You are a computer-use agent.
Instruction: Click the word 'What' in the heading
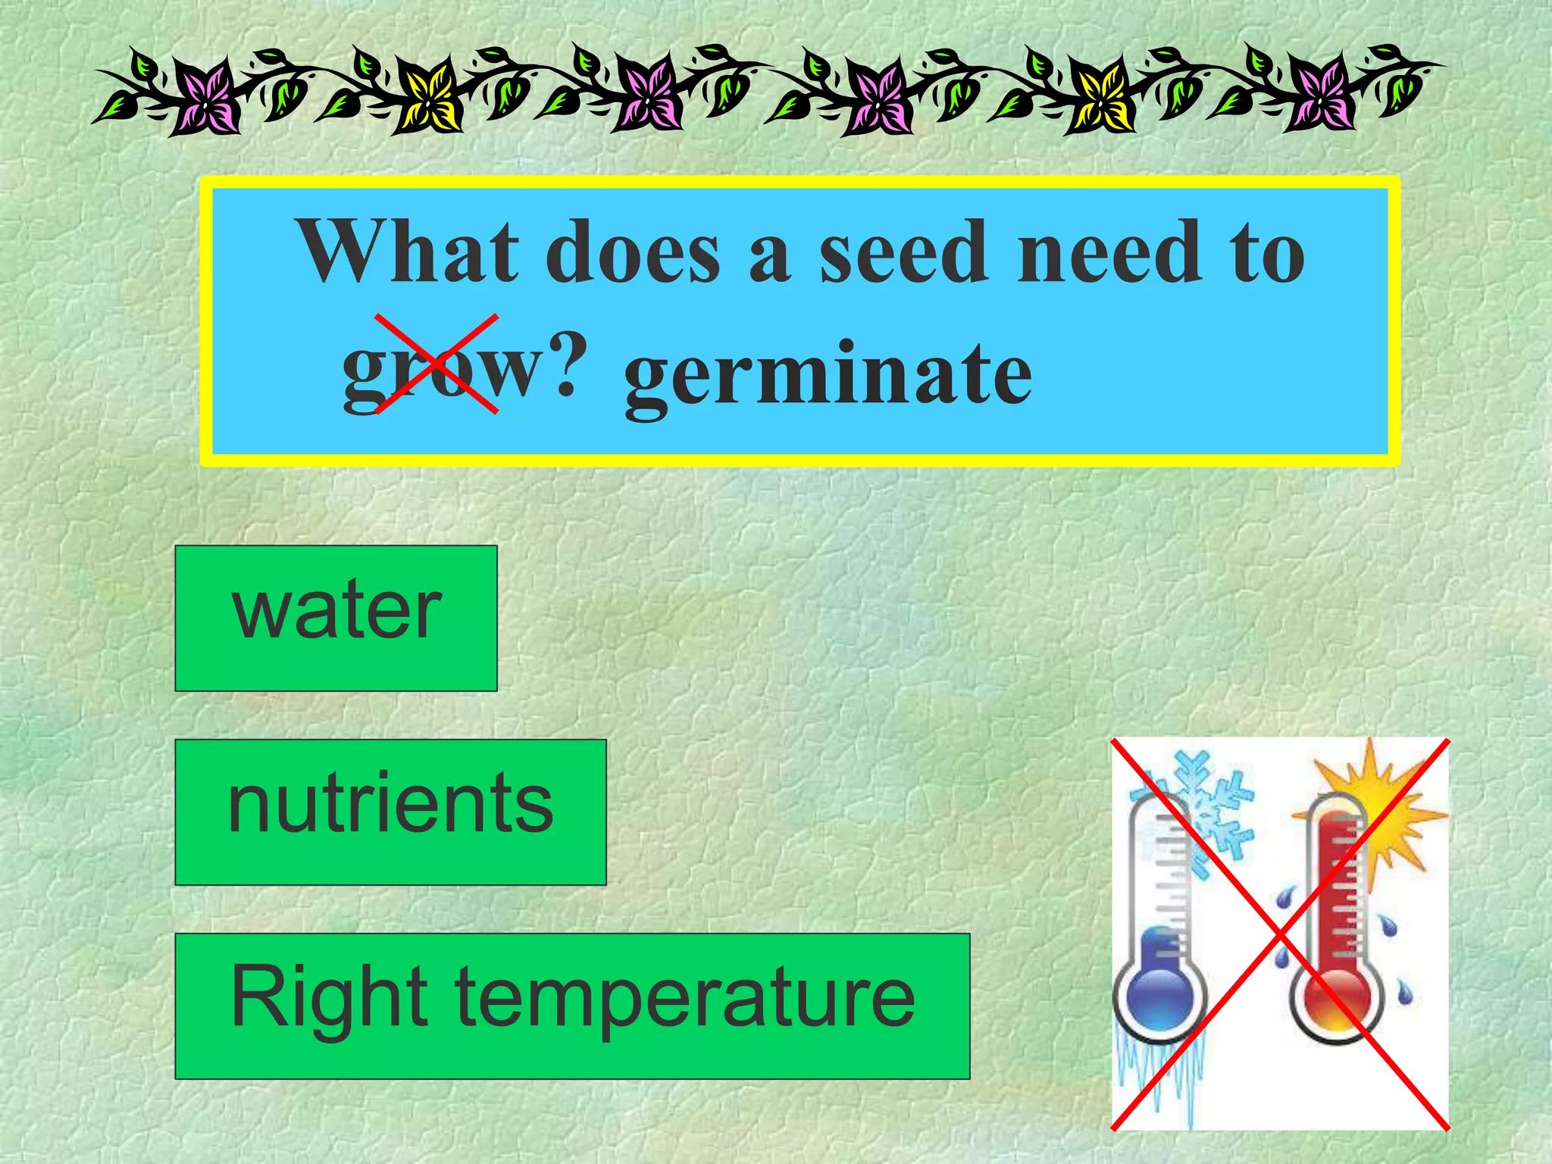click(x=410, y=252)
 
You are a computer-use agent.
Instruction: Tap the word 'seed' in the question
click(x=903, y=253)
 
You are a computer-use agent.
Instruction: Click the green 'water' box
click(x=336, y=618)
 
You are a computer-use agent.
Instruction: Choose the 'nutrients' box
click(x=390, y=812)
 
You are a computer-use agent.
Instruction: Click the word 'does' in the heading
click(x=633, y=253)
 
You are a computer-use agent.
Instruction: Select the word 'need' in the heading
click(x=1109, y=253)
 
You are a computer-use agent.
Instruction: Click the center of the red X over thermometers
click(x=1280, y=934)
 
